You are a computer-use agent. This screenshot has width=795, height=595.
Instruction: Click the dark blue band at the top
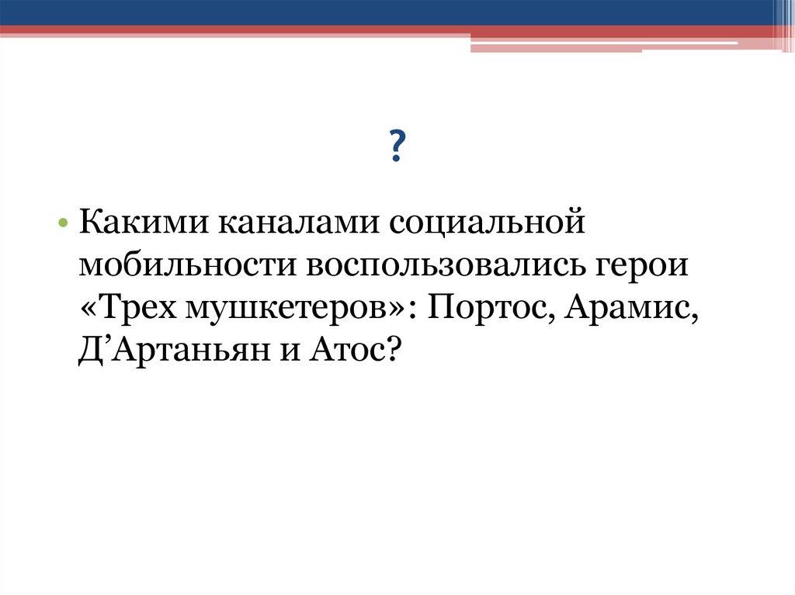388,12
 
